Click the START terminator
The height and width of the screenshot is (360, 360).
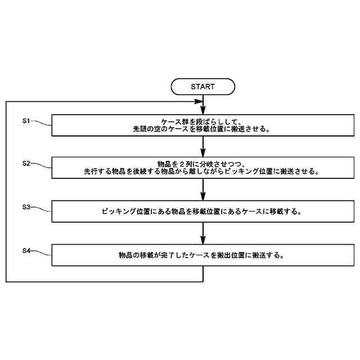(x=202, y=87)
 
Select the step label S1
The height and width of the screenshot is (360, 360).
(x=25, y=120)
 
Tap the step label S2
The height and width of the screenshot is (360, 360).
(x=25, y=163)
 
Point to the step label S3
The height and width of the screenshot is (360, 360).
(x=25, y=207)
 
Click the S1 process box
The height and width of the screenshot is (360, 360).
(x=202, y=125)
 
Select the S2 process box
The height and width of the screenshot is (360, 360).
(x=202, y=168)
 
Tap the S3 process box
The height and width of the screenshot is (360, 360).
(x=202, y=211)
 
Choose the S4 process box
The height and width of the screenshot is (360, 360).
(x=202, y=254)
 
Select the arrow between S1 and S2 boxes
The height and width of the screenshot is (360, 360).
(x=202, y=146)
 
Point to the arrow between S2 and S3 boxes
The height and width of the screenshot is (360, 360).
(x=202, y=190)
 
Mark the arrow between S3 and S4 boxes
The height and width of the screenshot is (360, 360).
(x=202, y=233)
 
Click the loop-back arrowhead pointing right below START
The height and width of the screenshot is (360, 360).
(x=198, y=102)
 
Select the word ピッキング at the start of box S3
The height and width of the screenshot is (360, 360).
(x=120, y=212)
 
